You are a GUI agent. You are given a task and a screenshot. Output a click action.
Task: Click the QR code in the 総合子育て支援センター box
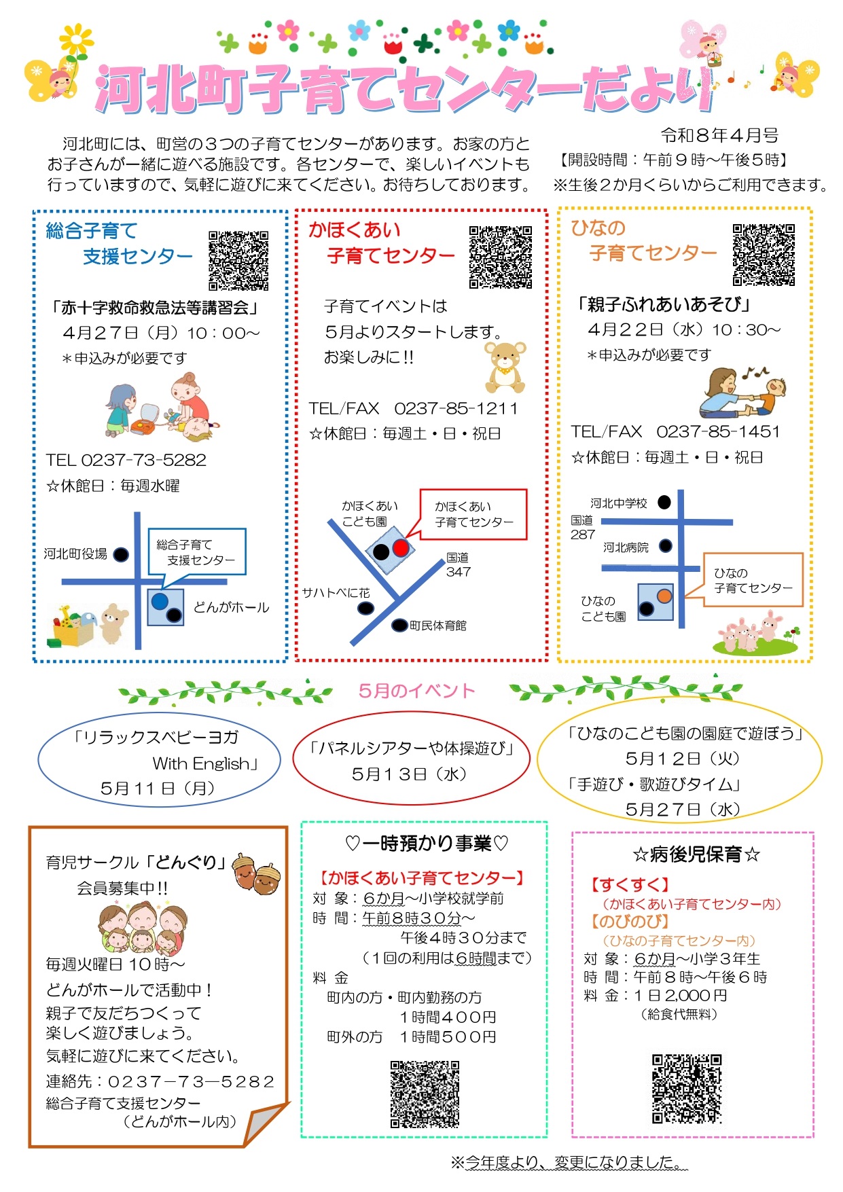[x=238, y=261]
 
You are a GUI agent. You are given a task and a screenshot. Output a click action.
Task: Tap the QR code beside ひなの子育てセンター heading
[x=764, y=255]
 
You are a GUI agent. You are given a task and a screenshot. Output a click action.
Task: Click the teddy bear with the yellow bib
[x=505, y=367]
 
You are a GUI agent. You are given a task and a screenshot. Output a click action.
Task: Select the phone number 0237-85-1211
[x=456, y=408]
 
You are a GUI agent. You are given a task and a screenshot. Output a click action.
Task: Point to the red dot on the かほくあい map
[x=401, y=547]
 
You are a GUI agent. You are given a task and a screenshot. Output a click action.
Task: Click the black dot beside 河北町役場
[x=121, y=554]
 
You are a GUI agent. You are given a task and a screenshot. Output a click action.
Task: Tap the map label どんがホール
[x=231, y=607]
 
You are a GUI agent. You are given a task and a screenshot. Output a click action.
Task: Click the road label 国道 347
[x=458, y=564]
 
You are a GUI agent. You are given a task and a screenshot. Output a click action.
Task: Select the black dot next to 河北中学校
[x=664, y=502]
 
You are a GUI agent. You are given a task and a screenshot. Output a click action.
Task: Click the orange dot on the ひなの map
[x=664, y=596]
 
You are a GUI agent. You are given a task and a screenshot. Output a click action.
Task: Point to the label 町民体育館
[x=438, y=626]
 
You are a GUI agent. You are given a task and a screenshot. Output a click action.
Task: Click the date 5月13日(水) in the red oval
[x=410, y=774]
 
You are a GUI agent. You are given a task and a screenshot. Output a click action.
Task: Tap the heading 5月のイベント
[x=416, y=691]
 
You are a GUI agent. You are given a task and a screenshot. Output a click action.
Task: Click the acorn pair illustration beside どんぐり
[x=256, y=873]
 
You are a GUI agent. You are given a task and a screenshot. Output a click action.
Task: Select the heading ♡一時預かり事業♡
[x=427, y=844]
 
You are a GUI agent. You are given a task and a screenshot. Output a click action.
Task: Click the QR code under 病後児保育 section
[x=687, y=1089]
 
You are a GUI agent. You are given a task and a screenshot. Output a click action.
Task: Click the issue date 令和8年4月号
[x=719, y=136]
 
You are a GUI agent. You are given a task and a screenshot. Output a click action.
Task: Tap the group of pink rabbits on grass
[x=753, y=634]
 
